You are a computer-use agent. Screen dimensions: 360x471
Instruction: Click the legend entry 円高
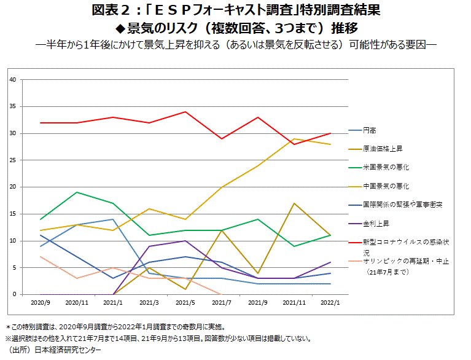(x=370, y=130)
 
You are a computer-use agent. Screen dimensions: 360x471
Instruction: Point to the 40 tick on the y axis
(x=13, y=80)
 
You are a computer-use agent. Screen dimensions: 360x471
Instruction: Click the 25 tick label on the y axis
(x=13, y=160)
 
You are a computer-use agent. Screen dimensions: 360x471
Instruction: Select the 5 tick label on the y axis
(x=14, y=268)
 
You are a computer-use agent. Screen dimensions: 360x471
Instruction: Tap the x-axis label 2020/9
(x=40, y=303)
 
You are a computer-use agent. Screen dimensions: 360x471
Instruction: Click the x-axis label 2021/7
(x=221, y=303)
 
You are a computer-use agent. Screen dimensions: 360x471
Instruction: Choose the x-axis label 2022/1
(x=330, y=303)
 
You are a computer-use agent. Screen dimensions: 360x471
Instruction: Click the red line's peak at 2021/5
(x=185, y=112)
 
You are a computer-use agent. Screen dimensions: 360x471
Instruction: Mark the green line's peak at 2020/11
(x=76, y=192)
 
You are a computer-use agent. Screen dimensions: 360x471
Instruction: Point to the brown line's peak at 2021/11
(x=294, y=203)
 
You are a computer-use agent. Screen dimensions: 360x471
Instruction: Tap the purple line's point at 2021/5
(x=185, y=241)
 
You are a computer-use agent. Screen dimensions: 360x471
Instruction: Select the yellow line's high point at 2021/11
(x=294, y=139)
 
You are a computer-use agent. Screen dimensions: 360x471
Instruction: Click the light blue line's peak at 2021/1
(x=112, y=219)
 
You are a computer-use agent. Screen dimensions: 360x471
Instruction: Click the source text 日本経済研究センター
(x=68, y=350)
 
